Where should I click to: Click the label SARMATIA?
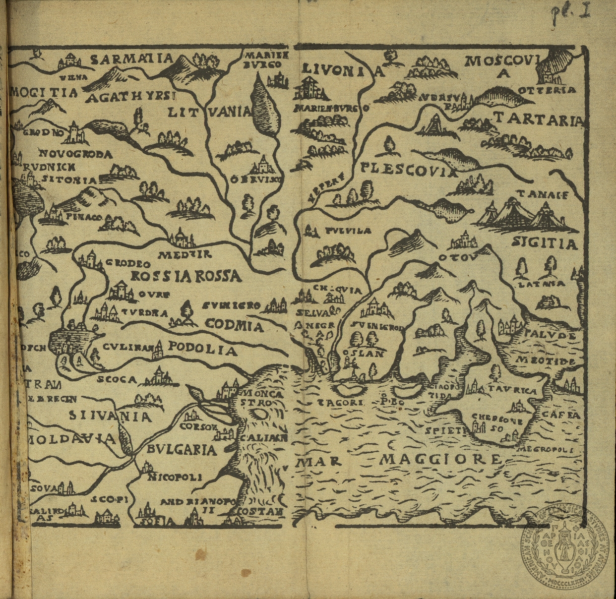[132, 60]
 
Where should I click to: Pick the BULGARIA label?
[182, 450]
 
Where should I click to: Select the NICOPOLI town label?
[175, 477]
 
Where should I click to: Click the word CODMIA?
[234, 325]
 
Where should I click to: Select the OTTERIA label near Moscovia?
[547, 90]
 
